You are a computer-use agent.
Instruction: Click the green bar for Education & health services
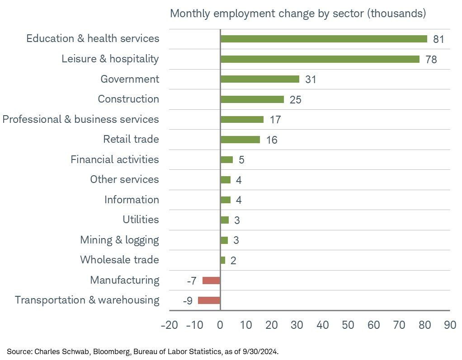324,39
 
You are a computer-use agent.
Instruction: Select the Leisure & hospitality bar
320,59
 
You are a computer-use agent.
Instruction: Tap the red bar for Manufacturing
211,281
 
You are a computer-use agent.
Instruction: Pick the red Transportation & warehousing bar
209,300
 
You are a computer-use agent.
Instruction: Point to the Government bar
259,79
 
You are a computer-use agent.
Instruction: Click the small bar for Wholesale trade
223,260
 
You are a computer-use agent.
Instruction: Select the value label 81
438,39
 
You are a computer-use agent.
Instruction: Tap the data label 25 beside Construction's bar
295,100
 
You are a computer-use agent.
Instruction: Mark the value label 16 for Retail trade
271,140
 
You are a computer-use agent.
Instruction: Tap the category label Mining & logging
119,240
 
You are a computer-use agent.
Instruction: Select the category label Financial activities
114,159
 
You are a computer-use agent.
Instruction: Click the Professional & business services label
80,119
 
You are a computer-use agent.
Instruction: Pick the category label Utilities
141,220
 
